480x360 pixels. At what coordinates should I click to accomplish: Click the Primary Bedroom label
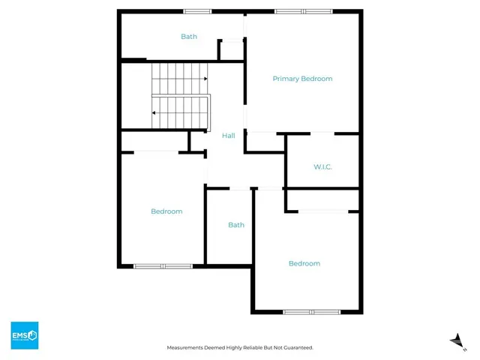point(302,79)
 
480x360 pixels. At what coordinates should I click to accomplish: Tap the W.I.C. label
point(323,166)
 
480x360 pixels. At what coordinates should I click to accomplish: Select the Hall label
point(229,136)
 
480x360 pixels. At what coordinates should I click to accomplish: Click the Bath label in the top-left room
point(188,37)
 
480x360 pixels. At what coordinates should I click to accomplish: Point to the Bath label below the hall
point(236,225)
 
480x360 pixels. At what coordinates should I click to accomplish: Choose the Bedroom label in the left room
point(166,211)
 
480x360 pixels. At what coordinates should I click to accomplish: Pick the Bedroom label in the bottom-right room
point(304,263)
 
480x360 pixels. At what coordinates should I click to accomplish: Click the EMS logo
point(24,335)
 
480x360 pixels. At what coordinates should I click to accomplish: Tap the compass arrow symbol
point(453,340)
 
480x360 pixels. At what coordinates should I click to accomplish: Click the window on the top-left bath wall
point(197,11)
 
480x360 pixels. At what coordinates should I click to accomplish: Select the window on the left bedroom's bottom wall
point(163,265)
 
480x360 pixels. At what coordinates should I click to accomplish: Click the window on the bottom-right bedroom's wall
point(312,311)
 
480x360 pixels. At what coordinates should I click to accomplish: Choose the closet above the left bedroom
point(156,142)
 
